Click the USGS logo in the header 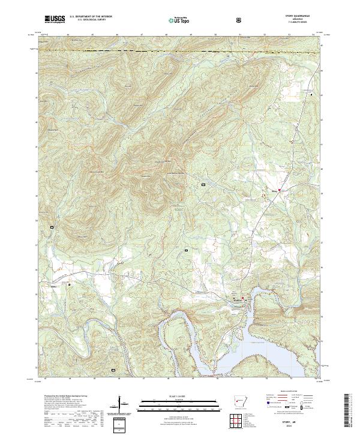(54, 20)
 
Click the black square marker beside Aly (68, 284)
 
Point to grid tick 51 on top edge (240, 35)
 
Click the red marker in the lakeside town (243, 298)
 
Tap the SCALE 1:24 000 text (180, 397)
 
